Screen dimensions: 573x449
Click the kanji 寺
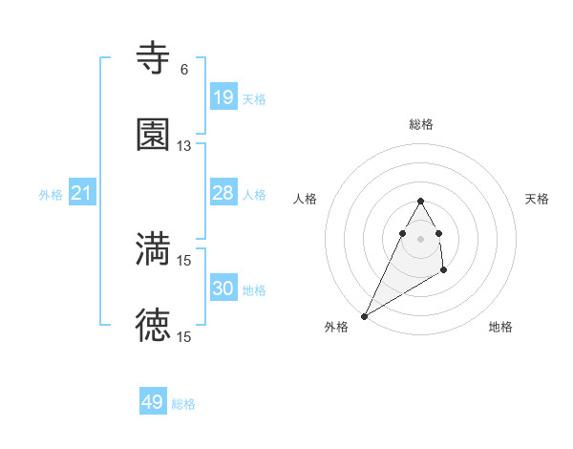point(153,58)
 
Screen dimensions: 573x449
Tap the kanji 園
point(153,135)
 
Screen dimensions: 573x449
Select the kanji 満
point(153,248)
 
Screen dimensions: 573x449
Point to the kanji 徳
point(153,326)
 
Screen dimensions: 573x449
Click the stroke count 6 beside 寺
point(184,70)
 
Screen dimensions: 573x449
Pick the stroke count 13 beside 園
point(184,146)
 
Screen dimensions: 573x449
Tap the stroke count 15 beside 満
point(184,260)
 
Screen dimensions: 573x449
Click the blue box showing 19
point(223,97)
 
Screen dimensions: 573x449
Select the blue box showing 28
point(223,193)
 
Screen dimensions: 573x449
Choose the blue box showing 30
point(223,289)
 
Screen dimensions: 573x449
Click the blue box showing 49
point(153,402)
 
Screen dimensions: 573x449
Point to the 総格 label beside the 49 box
point(183,404)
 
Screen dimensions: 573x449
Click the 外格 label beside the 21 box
point(51,195)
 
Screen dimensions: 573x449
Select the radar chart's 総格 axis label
point(421,124)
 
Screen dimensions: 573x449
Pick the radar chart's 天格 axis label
point(537,199)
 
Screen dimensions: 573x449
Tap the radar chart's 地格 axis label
point(500,327)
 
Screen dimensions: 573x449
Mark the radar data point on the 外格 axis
point(364,315)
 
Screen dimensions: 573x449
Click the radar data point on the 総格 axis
point(420,201)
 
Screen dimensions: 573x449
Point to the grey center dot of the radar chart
point(420,238)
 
